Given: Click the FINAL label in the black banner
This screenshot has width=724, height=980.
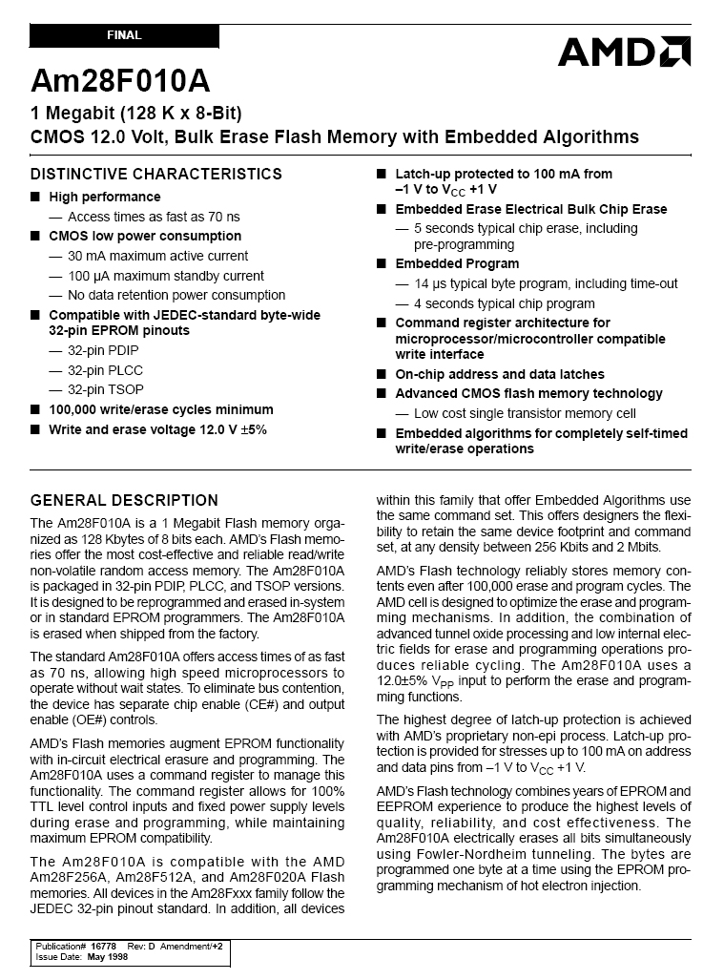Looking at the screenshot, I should [x=124, y=35].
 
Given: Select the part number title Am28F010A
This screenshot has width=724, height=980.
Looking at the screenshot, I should [x=120, y=79].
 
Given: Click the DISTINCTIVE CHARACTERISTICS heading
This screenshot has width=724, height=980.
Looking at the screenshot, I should [x=156, y=174].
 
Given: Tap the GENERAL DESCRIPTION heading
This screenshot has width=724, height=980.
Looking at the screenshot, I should [x=124, y=500].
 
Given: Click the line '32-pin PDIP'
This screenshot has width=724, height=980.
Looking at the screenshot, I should [x=101, y=350].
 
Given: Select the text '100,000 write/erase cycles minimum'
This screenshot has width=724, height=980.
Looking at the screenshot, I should [x=160, y=409].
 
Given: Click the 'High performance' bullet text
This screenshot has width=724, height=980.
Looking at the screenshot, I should [x=105, y=197].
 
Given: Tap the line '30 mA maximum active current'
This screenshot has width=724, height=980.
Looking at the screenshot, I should [x=157, y=256].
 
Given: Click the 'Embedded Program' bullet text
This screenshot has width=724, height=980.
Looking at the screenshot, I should [x=457, y=263].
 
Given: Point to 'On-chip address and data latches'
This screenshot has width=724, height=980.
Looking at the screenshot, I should [x=500, y=374].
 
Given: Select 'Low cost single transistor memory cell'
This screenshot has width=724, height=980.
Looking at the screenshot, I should [x=525, y=413].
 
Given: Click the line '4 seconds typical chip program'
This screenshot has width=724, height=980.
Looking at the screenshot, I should [x=504, y=303].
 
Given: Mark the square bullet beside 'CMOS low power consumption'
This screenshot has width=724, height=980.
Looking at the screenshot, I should [x=35, y=236].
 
